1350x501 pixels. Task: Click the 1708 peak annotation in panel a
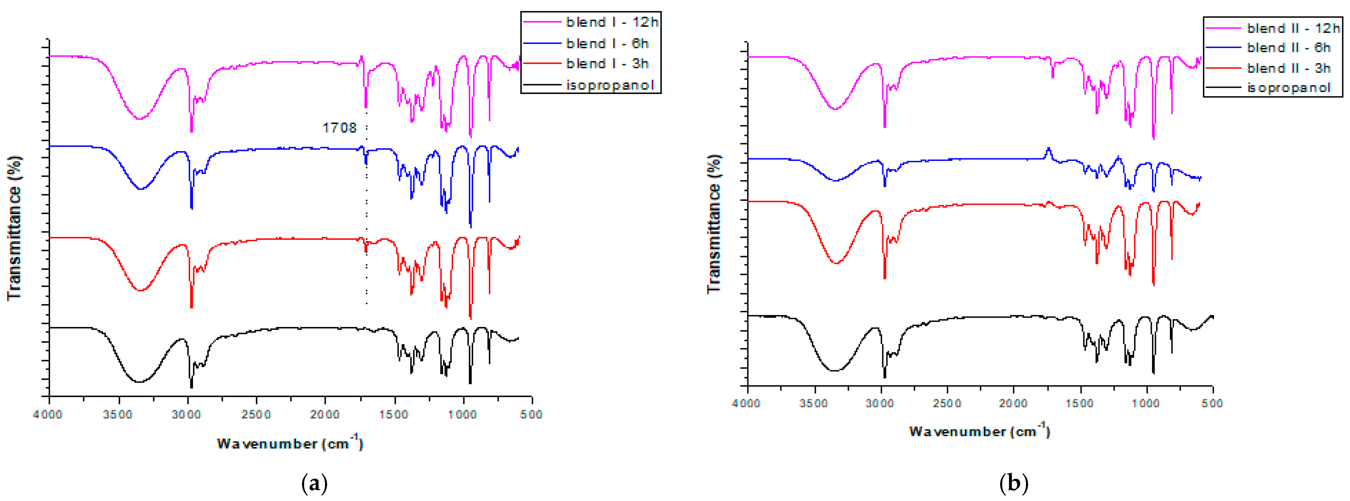point(339,128)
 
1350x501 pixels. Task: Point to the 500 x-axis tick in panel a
point(531,415)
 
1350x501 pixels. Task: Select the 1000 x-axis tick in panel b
point(1146,403)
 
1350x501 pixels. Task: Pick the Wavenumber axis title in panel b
point(979,431)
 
